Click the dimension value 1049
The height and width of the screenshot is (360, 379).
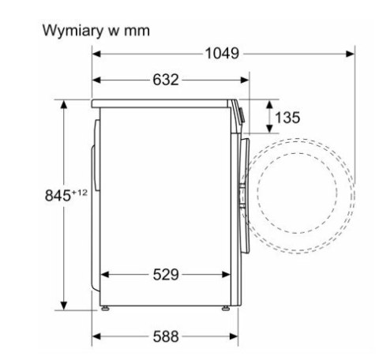(x=223, y=54)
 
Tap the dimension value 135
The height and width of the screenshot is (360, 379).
(x=287, y=118)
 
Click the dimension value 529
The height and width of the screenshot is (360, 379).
(x=166, y=275)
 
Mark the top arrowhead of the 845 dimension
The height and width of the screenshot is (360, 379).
(x=63, y=103)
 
